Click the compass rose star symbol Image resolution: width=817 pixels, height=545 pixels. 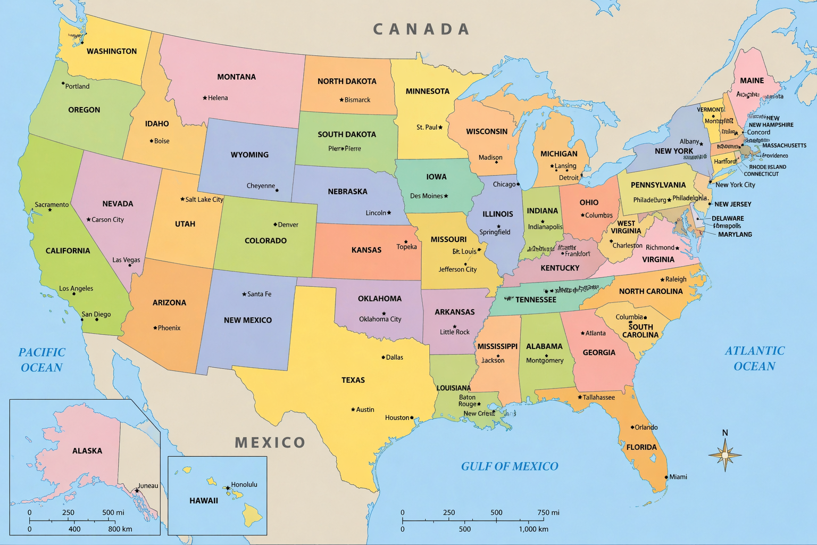725,455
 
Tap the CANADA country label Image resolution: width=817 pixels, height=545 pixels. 421,29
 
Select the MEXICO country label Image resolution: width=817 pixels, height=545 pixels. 270,442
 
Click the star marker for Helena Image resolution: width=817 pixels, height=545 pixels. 205,98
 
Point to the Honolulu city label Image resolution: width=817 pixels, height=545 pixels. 244,484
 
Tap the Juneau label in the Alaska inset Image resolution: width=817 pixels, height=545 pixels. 148,485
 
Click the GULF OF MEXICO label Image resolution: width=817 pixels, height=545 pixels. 510,466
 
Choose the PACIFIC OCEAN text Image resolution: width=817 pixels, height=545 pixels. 41,360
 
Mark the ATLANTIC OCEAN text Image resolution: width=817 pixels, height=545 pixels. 754,358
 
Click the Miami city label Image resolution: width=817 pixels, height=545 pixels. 678,477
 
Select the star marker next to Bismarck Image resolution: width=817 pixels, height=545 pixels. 341,100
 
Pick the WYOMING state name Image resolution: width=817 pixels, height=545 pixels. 249,155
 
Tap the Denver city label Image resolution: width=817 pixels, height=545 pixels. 288,225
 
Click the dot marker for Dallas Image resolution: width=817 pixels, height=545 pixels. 383,357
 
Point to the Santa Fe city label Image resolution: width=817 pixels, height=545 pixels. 259,294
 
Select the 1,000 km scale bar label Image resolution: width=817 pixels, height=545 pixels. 533,529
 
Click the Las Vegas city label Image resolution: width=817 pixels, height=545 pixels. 126,260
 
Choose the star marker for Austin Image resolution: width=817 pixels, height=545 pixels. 353,409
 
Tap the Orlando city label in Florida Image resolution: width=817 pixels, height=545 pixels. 646,427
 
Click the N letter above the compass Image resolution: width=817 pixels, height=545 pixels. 725,433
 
